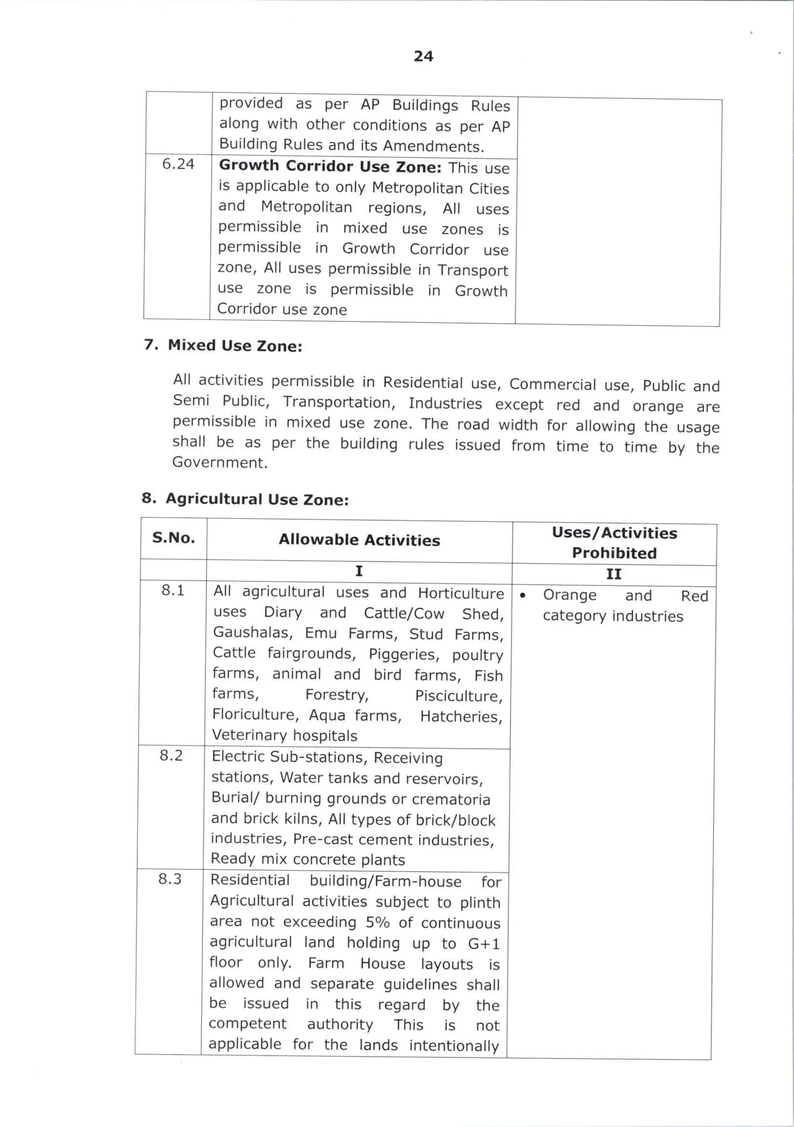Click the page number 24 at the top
423,57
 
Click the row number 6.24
178,164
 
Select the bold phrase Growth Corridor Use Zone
330,166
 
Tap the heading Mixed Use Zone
235,346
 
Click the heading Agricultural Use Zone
257,499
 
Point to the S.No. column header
173,538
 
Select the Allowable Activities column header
359,540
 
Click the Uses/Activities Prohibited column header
614,543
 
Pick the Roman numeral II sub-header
613,574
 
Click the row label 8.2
171,755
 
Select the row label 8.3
170,879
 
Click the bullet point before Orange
523,595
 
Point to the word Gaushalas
252,633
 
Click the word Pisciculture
459,696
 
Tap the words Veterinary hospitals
284,735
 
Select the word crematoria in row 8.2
451,800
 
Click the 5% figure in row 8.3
378,922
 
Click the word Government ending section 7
219,462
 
